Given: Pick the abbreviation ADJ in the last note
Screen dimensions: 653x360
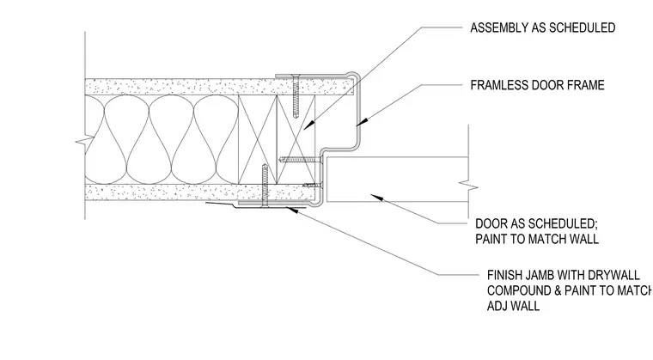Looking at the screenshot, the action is click(x=497, y=306).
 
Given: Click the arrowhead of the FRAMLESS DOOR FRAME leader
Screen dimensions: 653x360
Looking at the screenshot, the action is click(x=362, y=122).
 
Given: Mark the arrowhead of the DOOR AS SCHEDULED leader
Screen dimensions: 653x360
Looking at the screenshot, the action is click(x=376, y=197).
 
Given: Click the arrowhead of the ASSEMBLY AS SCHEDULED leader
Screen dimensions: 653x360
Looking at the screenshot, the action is click(x=309, y=125).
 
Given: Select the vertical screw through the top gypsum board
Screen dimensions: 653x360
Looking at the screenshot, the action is click(x=296, y=96).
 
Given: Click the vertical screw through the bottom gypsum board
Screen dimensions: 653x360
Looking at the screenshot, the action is click(x=264, y=186).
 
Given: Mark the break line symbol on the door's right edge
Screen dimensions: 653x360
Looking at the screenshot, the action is click(x=468, y=186).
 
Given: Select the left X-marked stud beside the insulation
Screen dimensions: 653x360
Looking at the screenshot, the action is click(x=258, y=139).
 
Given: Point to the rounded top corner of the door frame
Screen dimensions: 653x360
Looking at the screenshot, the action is click(x=353, y=75).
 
